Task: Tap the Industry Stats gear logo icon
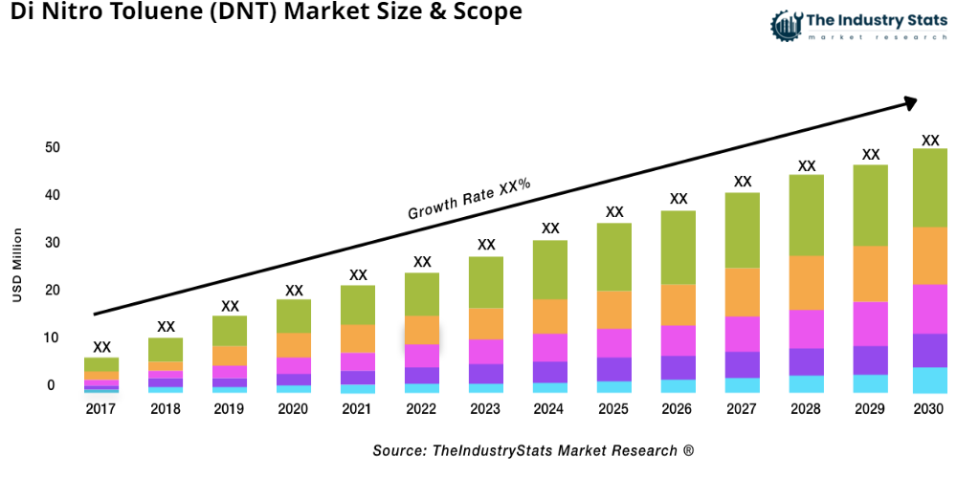tap(787, 25)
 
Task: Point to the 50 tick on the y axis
tap(52, 148)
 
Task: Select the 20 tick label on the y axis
tap(52, 291)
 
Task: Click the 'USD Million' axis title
tap(17, 265)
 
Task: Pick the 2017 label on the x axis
tap(101, 409)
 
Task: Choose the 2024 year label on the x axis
tap(550, 409)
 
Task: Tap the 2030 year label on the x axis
tap(928, 409)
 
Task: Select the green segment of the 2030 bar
tap(929, 187)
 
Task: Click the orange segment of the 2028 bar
tap(807, 282)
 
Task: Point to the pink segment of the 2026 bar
tap(679, 340)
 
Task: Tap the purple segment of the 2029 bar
tap(871, 359)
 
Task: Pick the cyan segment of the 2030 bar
tap(929, 380)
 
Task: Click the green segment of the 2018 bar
tap(166, 349)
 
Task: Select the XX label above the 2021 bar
tap(358, 275)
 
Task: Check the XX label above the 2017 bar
tap(101, 347)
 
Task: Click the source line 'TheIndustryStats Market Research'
tap(533, 450)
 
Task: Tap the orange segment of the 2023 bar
tap(486, 323)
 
